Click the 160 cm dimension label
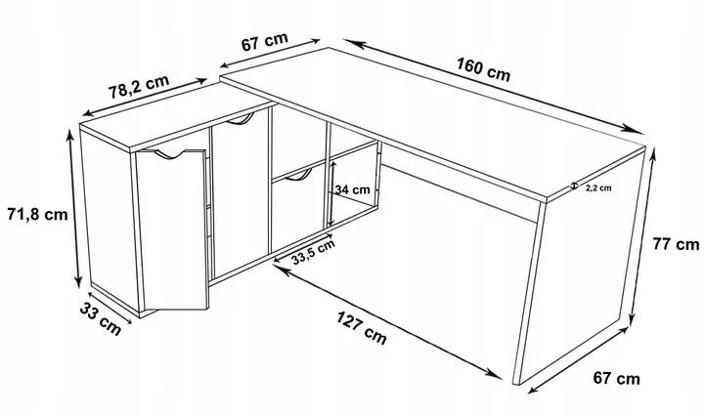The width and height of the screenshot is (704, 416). point(484,69)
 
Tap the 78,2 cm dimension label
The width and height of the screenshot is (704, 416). point(139,87)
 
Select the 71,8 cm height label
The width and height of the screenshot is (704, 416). point(37,214)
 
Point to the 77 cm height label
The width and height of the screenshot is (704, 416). point(676,244)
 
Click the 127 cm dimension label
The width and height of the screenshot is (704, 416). point(362,328)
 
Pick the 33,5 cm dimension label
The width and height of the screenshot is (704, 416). point(313,252)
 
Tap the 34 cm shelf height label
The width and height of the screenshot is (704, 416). point(352,189)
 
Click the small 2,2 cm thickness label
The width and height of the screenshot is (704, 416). point(598,188)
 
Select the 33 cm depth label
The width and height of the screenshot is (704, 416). point(101,318)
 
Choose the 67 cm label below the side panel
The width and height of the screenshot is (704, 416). point(616,378)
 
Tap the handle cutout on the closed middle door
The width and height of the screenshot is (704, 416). point(241,119)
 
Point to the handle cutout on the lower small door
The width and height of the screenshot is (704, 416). point(298,176)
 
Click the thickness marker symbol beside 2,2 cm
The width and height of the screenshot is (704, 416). point(573,187)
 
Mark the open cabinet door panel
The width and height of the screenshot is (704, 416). point(172,229)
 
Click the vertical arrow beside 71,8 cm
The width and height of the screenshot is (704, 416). point(74,208)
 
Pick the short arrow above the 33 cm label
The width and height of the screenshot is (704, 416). point(110,308)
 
